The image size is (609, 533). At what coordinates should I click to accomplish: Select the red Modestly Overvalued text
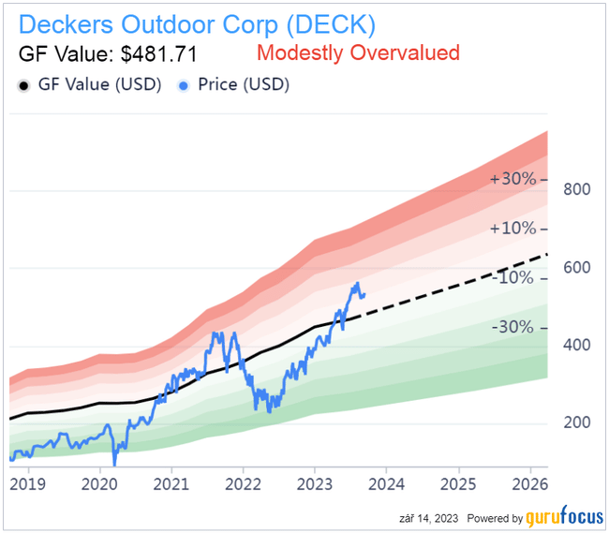pos(357,52)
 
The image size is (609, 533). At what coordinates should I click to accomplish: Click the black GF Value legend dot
pos(23,84)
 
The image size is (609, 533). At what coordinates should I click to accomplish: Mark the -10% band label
pos(516,278)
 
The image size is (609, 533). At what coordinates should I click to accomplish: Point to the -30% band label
pos(516,328)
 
